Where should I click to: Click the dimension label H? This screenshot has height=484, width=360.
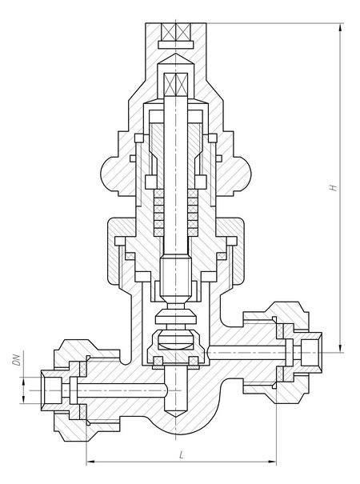333,187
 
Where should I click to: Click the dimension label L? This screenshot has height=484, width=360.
182,454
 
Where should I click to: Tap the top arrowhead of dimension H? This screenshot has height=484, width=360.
340,27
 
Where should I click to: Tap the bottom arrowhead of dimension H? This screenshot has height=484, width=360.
340,349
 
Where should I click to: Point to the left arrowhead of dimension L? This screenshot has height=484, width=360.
90,462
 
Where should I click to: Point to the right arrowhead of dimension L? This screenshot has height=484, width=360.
272,462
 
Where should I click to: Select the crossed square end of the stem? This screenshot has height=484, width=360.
176,84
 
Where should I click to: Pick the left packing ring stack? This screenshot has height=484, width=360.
158,213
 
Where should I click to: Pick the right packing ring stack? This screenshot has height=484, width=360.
193,213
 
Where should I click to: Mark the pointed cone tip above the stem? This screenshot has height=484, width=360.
176,58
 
